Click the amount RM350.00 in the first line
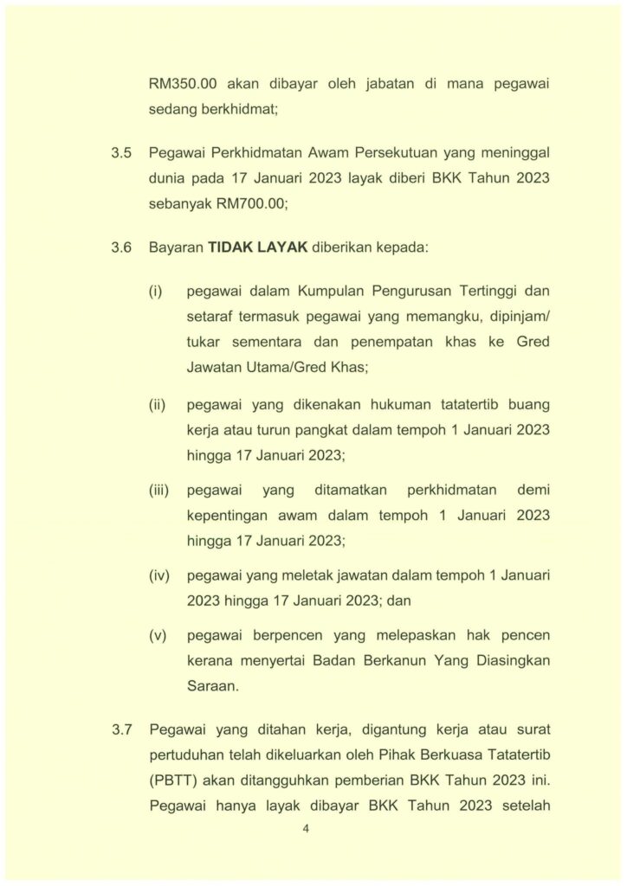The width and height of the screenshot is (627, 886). pos(182,86)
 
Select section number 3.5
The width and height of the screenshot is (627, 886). pos(120,153)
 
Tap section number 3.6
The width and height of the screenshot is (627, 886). pos(120,247)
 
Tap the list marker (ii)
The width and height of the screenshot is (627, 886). pos(157,405)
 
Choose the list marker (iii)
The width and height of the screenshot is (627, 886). pos(158,491)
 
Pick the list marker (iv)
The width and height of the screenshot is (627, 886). pos(158,575)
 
